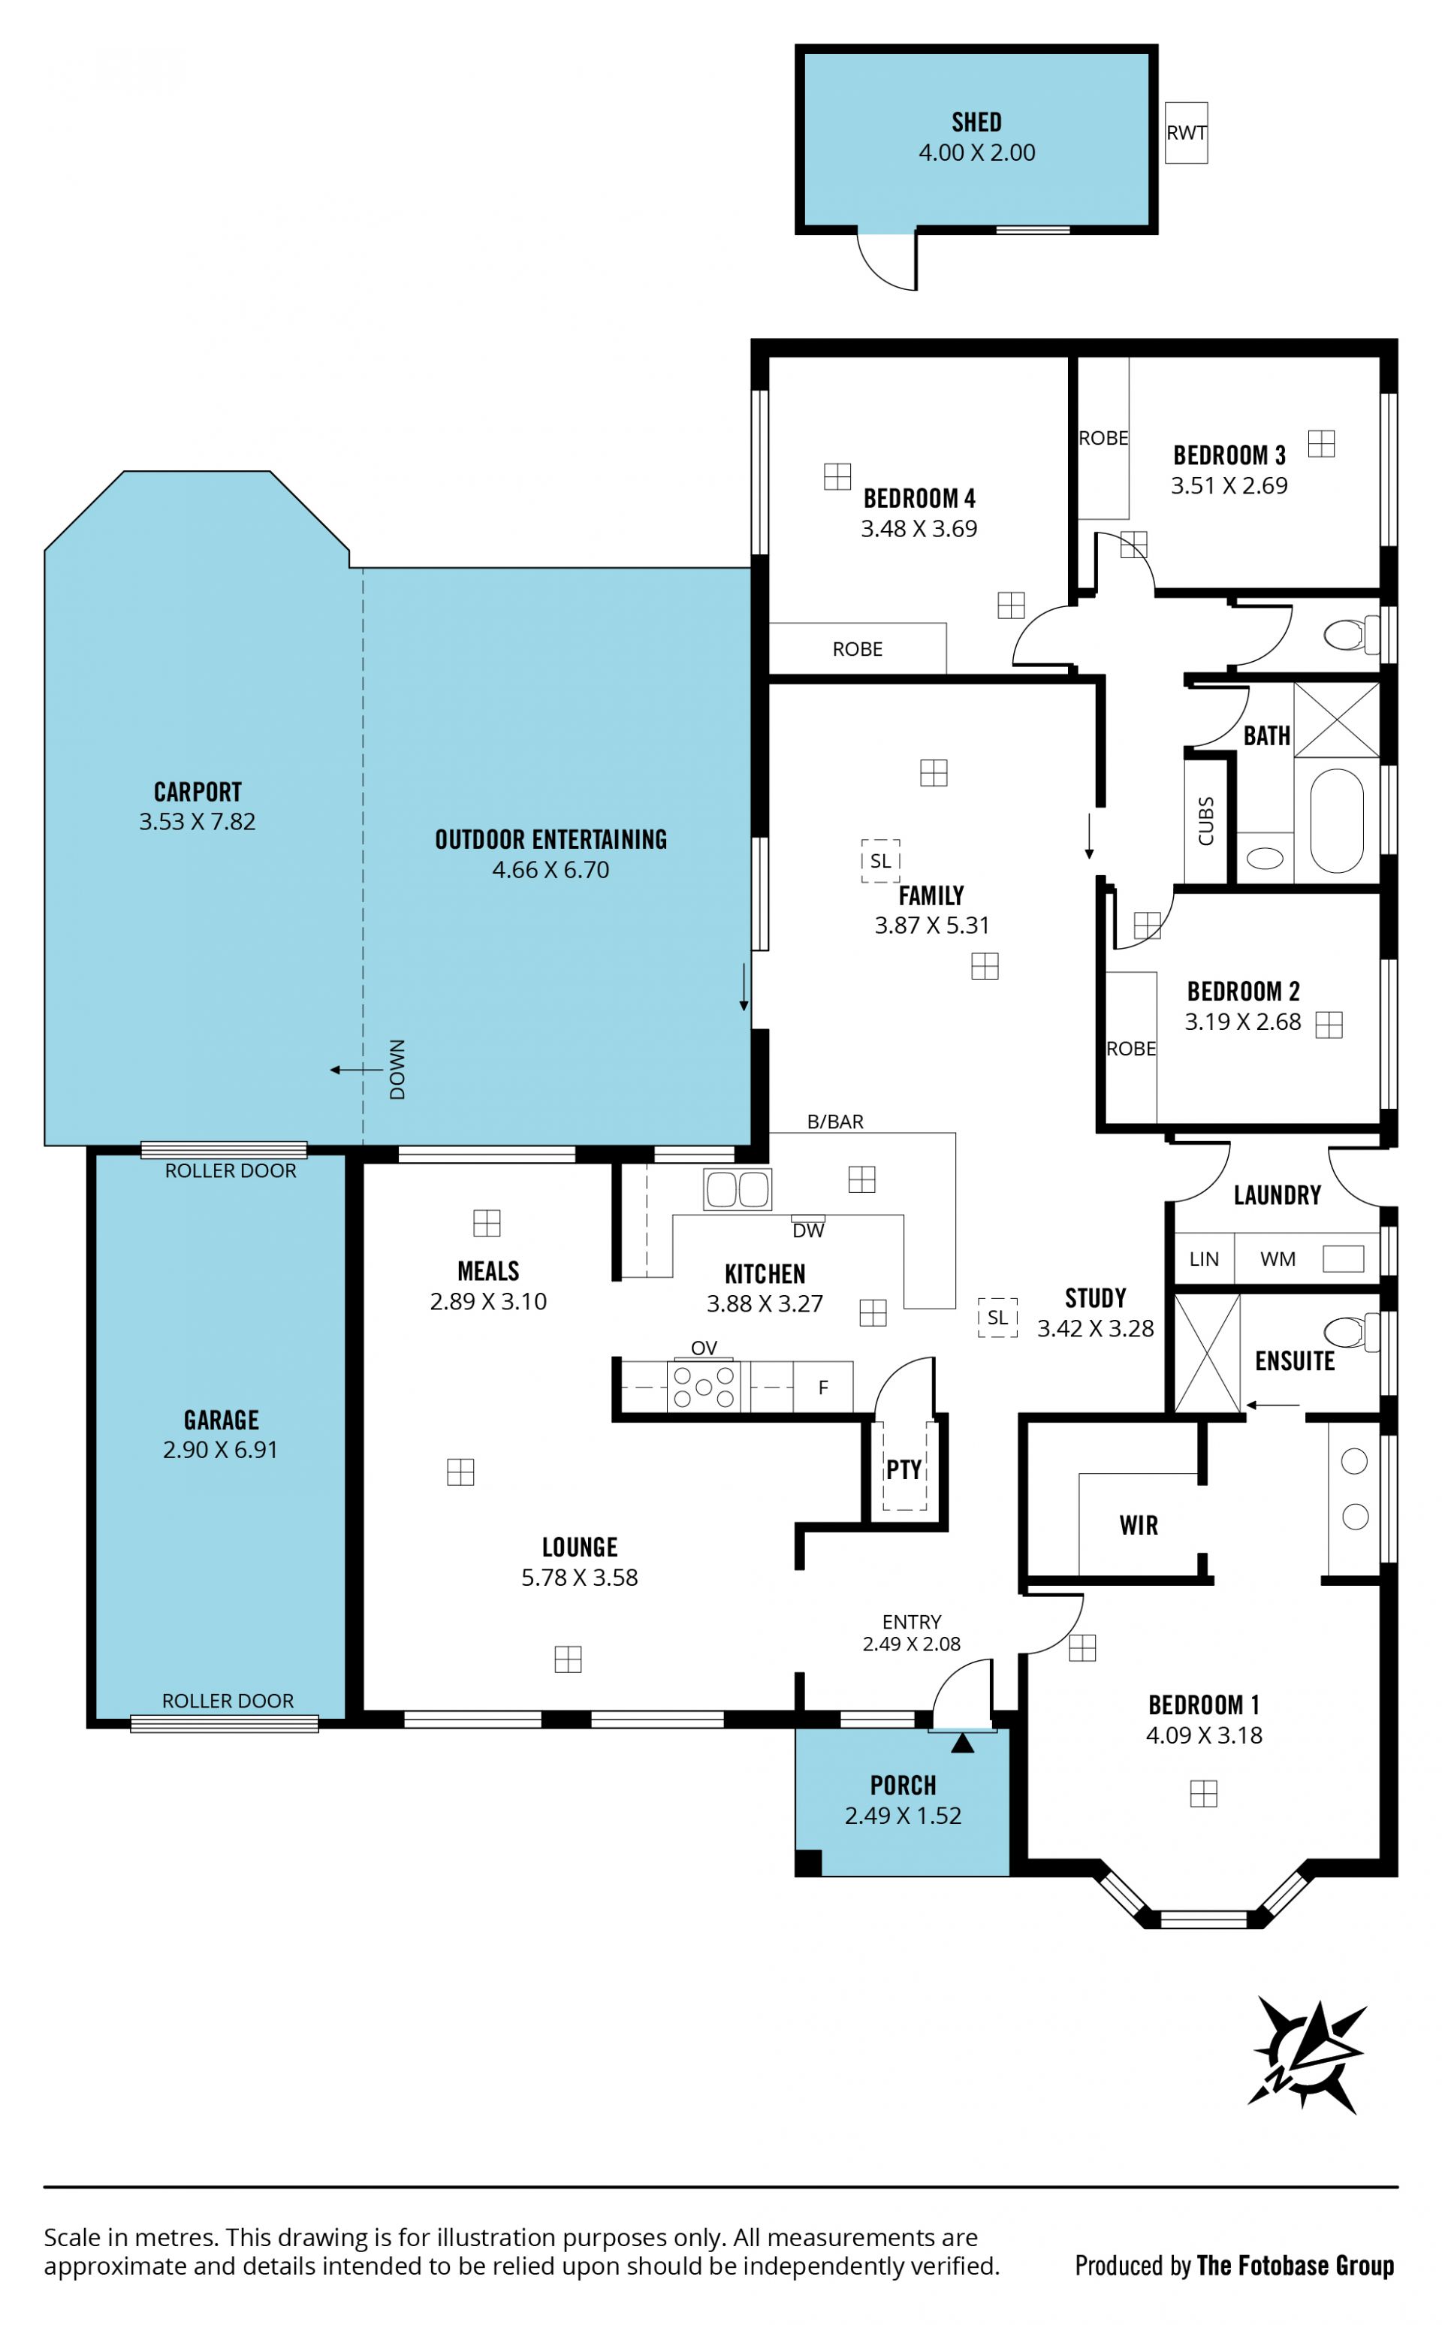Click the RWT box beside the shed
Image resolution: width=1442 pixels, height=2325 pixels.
pyautogui.click(x=1187, y=132)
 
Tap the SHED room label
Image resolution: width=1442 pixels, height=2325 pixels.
pyautogui.click(x=976, y=122)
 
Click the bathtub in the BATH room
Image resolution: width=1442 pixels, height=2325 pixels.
pyautogui.click(x=1336, y=820)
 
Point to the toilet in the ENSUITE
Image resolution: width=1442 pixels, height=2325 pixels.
pyautogui.click(x=1351, y=1330)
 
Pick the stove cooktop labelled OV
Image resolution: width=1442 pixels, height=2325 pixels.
pyautogui.click(x=704, y=1387)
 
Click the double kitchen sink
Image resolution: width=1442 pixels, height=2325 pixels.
pyautogui.click(x=738, y=1189)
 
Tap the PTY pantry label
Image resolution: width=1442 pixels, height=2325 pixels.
pyautogui.click(x=904, y=1469)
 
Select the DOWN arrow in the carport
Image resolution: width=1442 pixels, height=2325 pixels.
pyautogui.click(x=356, y=1070)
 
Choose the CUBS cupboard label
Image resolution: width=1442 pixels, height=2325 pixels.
pyautogui.click(x=1205, y=820)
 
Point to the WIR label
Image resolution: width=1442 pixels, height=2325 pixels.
pyautogui.click(x=1139, y=1525)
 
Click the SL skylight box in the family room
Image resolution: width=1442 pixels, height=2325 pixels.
pyautogui.click(x=880, y=860)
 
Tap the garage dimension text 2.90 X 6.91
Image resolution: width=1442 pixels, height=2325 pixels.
pyautogui.click(x=220, y=1450)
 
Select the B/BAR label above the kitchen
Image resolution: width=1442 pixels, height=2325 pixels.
pyautogui.click(x=835, y=1122)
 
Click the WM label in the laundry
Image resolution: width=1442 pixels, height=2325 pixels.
pyautogui.click(x=1278, y=1259)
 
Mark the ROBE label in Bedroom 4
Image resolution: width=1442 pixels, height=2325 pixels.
pyautogui.click(x=858, y=648)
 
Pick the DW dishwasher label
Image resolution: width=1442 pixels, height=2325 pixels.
pyautogui.click(x=808, y=1230)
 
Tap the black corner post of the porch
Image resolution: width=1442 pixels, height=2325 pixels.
pyautogui.click(x=808, y=1862)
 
